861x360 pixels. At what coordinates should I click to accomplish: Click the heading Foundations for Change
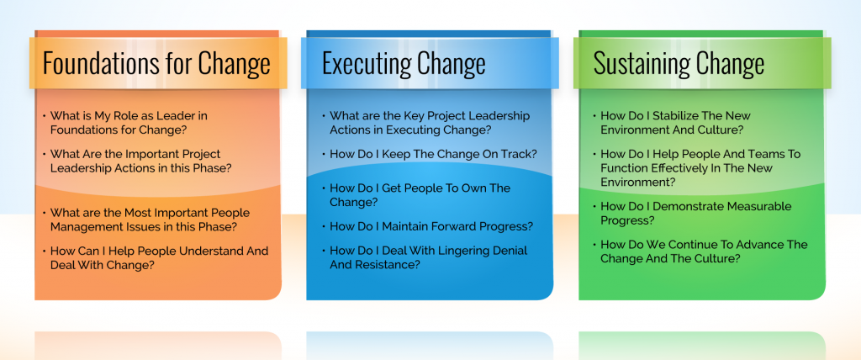pyautogui.click(x=156, y=64)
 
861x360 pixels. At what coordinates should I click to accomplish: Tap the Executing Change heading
pyautogui.click(x=404, y=64)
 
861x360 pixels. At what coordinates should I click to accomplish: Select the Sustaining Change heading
pyautogui.click(x=679, y=64)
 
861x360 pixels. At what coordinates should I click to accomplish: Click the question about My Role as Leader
pyautogui.click(x=129, y=123)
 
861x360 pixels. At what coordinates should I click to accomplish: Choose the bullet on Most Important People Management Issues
pyautogui.click(x=144, y=220)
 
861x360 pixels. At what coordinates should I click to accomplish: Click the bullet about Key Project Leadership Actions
pyautogui.click(x=430, y=123)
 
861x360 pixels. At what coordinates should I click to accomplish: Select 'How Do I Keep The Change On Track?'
pyautogui.click(x=433, y=154)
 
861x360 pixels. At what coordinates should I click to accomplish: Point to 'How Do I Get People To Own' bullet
pyautogui.click(x=420, y=194)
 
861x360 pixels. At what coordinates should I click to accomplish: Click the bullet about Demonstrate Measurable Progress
pyautogui.click(x=695, y=213)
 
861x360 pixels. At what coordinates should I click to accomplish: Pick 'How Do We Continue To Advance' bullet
pyautogui.click(x=703, y=251)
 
